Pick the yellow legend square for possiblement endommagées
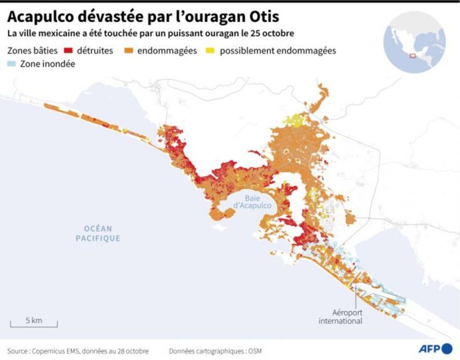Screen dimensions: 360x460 pyautogui.click(x=212, y=51)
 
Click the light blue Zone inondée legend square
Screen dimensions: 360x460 pyautogui.click(x=12, y=64)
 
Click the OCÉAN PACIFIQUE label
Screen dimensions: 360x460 pyautogui.click(x=98, y=233)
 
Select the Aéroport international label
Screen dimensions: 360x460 pyautogui.click(x=340, y=316)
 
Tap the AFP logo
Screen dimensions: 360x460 pyautogui.click(x=435, y=348)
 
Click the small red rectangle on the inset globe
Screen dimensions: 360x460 pyautogui.click(x=412, y=55)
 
